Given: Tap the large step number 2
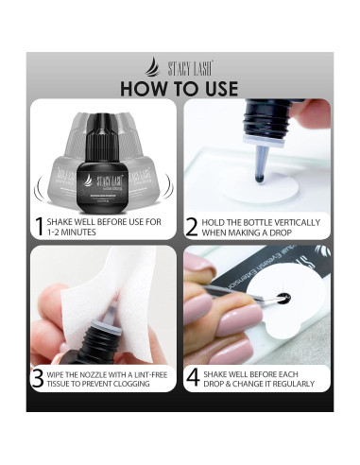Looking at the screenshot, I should pos(192,227).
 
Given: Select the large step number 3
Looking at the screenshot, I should pos(37,378).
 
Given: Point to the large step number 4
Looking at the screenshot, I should pos(192,378).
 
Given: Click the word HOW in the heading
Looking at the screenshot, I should pos(147,88).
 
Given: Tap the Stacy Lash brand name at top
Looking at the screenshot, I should pos(188,68).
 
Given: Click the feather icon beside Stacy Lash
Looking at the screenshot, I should pos(151,67).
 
